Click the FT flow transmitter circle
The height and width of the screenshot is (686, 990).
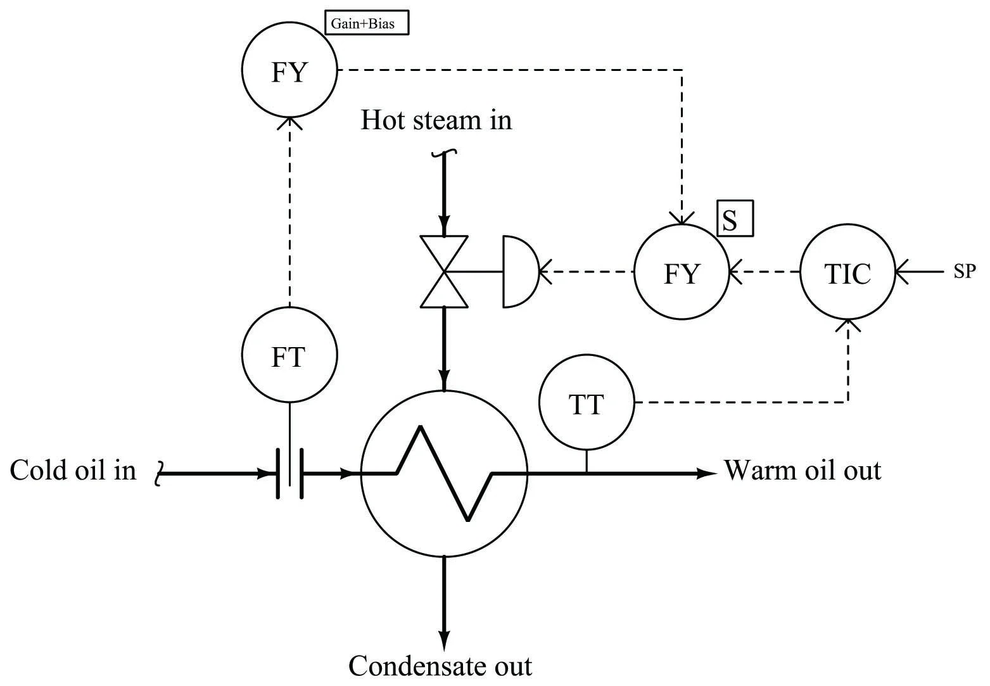coord(289,355)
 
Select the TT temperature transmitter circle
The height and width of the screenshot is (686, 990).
coord(586,403)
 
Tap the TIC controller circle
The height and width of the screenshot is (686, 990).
coord(847,273)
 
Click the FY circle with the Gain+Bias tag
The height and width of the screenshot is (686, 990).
coord(289,70)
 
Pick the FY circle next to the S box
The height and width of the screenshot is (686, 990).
coord(682,273)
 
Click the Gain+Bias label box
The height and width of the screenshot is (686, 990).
coord(367,24)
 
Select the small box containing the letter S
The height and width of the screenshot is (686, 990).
coord(735,219)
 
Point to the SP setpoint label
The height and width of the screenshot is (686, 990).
coord(964,272)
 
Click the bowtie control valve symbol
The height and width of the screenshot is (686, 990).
coord(444,272)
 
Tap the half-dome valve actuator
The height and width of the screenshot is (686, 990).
coord(519,272)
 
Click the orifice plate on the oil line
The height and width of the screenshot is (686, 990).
coord(289,473)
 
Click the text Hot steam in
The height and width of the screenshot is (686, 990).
coord(436,120)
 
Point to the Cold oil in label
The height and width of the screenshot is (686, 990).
coord(73,471)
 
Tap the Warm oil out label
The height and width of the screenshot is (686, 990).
coord(802,471)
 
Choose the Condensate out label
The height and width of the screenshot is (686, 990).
coord(440,666)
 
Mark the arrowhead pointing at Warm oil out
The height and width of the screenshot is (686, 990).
coord(706,473)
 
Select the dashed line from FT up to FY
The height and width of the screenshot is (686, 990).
coord(289,215)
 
